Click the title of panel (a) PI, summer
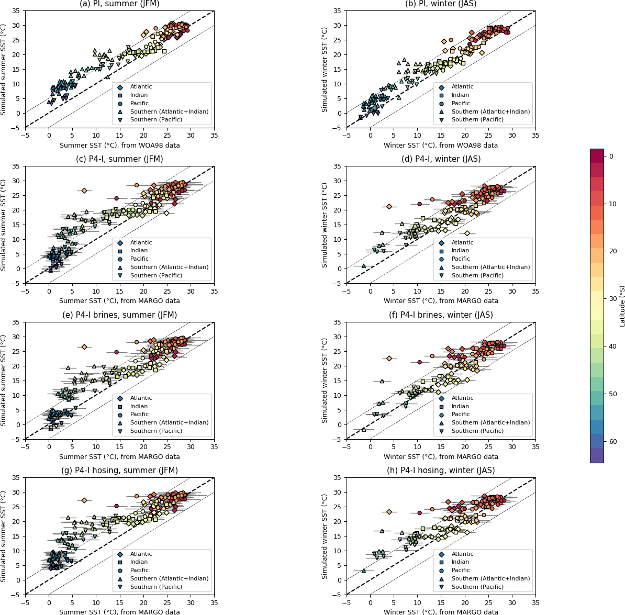(119, 4)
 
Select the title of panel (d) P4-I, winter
(441, 159)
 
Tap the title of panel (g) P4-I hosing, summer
(119, 471)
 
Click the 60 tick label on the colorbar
(613, 442)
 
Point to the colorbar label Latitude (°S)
(622, 306)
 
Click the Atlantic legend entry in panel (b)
(462, 87)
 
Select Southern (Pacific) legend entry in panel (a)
(156, 120)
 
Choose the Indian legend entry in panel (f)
(461, 406)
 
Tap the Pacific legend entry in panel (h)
(461, 571)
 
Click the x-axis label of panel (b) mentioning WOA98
(441, 146)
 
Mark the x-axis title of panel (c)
(119, 301)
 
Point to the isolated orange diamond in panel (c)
(84, 191)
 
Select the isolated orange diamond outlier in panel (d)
(389, 207)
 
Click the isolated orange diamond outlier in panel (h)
(389, 512)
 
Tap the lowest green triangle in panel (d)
(364, 266)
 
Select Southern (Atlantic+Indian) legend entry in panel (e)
(169, 423)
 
